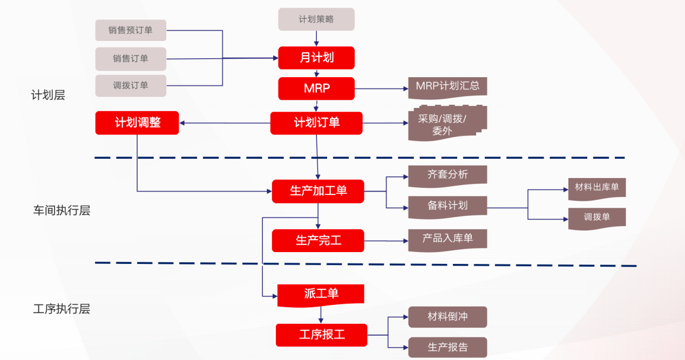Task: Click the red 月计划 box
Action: pyautogui.click(x=316, y=58)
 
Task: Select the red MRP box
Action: pyautogui.click(x=316, y=89)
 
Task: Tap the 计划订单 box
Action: pyautogui.click(x=316, y=123)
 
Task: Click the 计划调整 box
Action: pyautogui.click(x=137, y=123)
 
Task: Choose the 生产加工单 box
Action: pyautogui.click(x=318, y=191)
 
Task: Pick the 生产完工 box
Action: pyautogui.click(x=318, y=241)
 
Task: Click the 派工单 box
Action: pyautogui.click(x=321, y=295)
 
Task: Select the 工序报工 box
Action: pyautogui.click(x=321, y=335)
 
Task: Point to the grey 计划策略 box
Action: pyautogui.click(x=316, y=19)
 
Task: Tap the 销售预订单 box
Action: pyautogui.click(x=131, y=30)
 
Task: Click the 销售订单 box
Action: pyautogui.click(x=131, y=58)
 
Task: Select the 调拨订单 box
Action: pyautogui.click(x=131, y=86)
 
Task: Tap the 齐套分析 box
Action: pyautogui.click(x=447, y=175)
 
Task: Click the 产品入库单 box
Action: pyautogui.click(x=447, y=239)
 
